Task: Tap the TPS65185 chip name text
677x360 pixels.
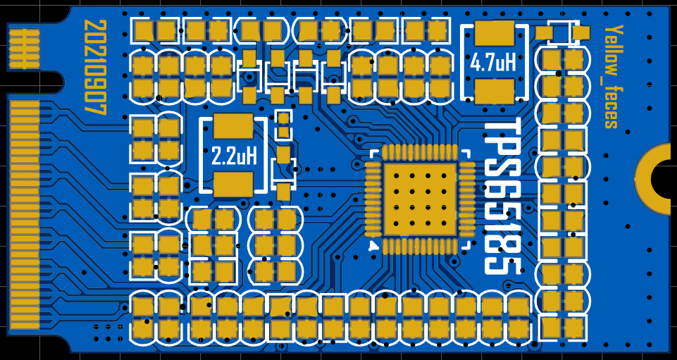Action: pos(503,197)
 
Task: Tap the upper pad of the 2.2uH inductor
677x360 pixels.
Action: pos(233,126)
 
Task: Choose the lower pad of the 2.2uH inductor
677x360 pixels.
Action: pos(233,184)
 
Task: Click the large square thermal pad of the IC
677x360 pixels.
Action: pos(420,199)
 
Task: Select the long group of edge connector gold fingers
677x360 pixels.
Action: pos(24,215)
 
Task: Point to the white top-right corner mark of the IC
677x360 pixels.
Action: pos(467,152)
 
